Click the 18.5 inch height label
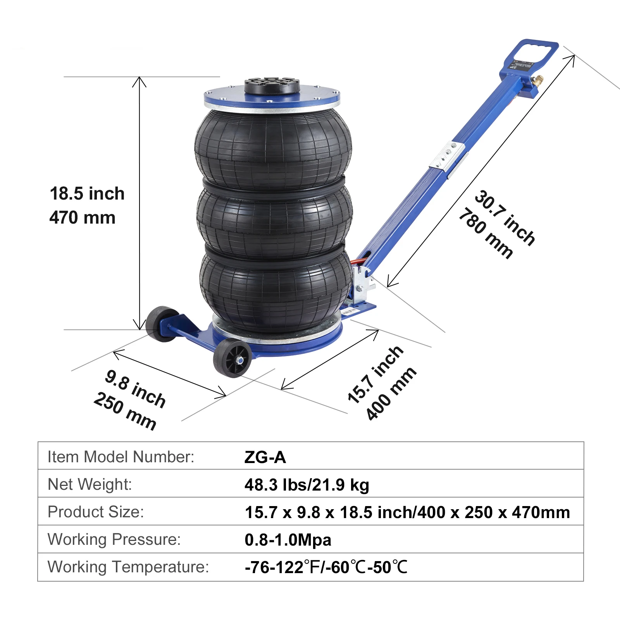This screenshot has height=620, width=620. [x=87, y=193]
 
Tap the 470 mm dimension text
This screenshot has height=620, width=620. [x=82, y=217]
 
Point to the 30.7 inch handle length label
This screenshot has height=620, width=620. [x=505, y=217]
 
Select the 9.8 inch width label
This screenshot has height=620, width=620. [x=135, y=388]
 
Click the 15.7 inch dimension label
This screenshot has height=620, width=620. [x=375, y=374]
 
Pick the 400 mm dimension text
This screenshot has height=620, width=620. [x=391, y=393]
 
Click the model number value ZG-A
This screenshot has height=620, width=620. [x=265, y=457]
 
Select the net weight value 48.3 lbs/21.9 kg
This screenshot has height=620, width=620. [x=307, y=485]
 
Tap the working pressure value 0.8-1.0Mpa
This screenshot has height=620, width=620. [x=288, y=540]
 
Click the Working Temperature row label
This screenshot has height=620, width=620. [x=128, y=567]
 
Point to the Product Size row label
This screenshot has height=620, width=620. [x=96, y=512]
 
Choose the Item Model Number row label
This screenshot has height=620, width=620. [x=121, y=457]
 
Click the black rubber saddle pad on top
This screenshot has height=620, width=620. [x=272, y=85]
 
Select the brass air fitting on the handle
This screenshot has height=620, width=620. [x=537, y=81]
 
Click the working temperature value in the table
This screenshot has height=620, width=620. [x=326, y=567]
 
